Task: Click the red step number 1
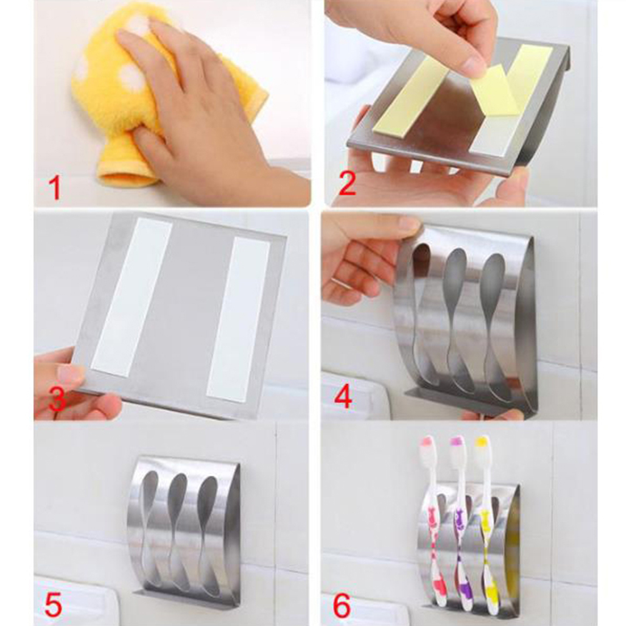[x=56, y=188]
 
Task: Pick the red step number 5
[x=54, y=605]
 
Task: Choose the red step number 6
[x=342, y=605]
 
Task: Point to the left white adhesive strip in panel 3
[x=132, y=297]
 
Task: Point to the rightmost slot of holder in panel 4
[x=493, y=327]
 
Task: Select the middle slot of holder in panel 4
[x=455, y=319]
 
